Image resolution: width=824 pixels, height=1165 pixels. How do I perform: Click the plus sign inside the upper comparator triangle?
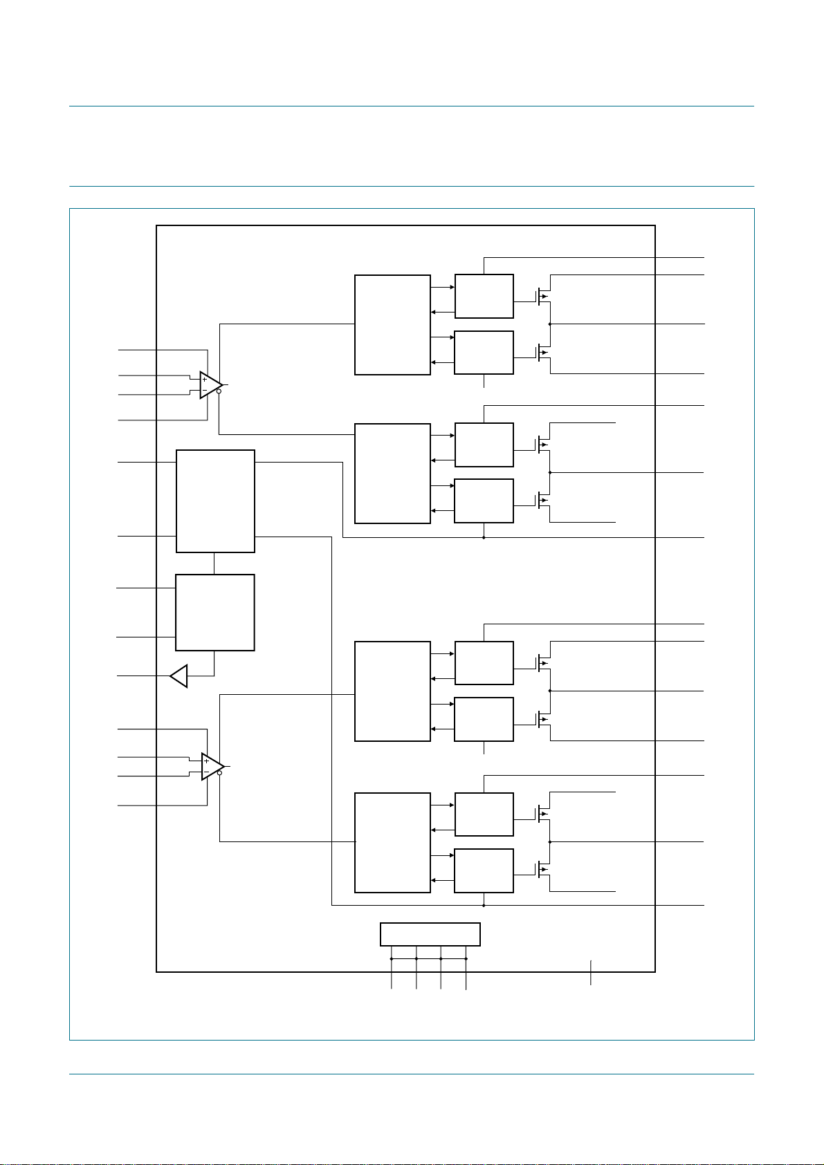[x=205, y=380]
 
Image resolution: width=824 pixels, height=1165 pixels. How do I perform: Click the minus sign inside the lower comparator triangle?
[x=206, y=772]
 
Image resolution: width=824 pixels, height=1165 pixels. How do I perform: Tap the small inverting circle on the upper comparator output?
[x=219, y=391]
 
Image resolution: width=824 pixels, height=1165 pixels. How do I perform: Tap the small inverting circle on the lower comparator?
[x=219, y=773]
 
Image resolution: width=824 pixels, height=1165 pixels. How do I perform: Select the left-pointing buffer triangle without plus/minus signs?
[x=179, y=676]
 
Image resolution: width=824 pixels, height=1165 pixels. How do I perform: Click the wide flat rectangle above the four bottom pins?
[x=430, y=935]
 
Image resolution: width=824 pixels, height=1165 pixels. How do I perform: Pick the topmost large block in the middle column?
[x=392, y=324]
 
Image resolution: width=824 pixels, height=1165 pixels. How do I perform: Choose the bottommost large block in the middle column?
[x=392, y=843]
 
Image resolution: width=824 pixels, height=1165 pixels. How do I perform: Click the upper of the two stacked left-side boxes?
[x=215, y=501]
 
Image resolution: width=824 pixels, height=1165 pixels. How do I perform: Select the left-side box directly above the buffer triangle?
[x=215, y=612]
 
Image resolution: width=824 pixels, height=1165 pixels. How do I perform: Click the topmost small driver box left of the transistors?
[x=484, y=296]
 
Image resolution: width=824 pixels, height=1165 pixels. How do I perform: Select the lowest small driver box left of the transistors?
[x=484, y=870]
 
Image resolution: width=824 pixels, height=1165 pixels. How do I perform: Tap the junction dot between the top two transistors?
[x=550, y=324]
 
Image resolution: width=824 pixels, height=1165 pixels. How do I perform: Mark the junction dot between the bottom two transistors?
[x=550, y=841]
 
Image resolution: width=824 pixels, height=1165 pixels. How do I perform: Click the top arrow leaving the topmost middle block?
[x=443, y=287]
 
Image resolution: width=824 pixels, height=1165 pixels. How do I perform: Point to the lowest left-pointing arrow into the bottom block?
[x=443, y=880]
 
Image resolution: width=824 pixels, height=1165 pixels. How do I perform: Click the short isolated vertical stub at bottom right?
[x=591, y=973]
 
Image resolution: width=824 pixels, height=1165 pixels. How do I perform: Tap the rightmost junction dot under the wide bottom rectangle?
[x=466, y=958]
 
